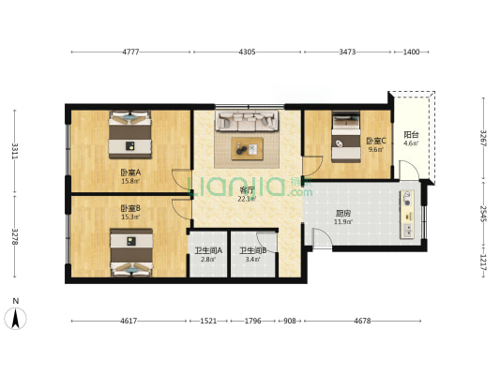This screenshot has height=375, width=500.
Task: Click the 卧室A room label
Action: (130, 172)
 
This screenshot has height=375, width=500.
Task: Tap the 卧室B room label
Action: (130, 209)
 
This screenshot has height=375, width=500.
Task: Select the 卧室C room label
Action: (376, 141)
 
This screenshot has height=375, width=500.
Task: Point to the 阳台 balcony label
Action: (411, 134)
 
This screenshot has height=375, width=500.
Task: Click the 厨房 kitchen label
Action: (343, 213)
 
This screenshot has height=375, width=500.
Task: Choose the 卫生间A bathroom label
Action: (208, 250)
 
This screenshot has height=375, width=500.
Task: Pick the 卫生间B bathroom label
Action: (253, 250)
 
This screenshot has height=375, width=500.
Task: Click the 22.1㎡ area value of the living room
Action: (247, 199)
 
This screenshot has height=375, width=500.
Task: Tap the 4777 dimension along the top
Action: (130, 52)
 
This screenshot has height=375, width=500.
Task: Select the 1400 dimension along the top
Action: (412, 52)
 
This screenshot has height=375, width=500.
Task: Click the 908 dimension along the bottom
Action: (290, 321)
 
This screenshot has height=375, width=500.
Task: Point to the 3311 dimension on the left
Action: (15, 151)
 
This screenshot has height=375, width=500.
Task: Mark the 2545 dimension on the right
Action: (483, 214)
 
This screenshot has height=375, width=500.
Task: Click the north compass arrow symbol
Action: (15, 319)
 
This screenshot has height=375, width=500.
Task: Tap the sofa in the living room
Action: (247, 121)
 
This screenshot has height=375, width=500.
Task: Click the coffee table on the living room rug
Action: (248, 149)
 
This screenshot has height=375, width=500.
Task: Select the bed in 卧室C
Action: (346, 137)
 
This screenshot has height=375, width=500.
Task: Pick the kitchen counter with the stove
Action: (407, 214)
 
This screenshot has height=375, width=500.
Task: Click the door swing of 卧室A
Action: (181, 178)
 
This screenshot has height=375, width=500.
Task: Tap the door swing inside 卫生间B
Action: (266, 242)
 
